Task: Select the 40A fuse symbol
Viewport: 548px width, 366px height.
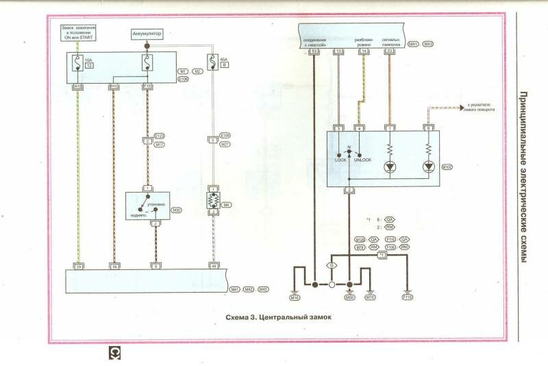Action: [214, 64]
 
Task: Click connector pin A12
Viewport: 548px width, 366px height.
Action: [78, 86]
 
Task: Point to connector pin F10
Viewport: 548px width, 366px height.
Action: [146, 86]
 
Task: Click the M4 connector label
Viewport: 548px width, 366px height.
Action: [225, 204]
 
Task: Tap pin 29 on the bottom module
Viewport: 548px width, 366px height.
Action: [78, 265]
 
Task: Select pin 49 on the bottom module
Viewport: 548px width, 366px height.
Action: [214, 265]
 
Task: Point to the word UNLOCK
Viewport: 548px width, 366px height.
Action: [362, 160]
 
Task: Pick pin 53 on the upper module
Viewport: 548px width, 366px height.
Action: [314, 51]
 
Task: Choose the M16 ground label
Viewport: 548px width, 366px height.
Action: [295, 298]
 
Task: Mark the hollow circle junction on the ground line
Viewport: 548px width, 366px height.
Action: [332, 284]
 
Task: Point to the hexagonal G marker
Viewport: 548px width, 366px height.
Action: [332, 265]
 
